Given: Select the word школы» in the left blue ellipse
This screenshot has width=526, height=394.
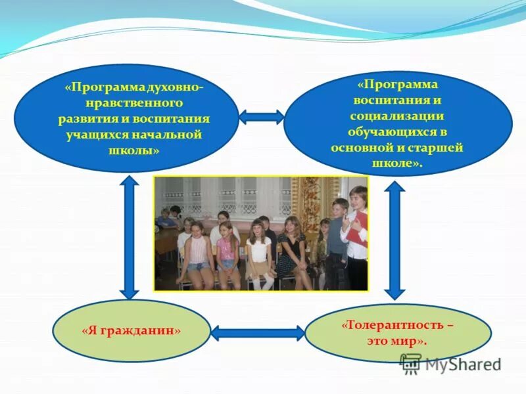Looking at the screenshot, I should [x=126, y=150].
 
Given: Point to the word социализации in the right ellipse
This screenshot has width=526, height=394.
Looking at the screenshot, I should [x=398, y=116].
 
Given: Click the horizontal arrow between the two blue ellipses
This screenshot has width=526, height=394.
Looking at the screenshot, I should [x=261, y=118].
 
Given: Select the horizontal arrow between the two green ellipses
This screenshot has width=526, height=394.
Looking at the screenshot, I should [x=258, y=333].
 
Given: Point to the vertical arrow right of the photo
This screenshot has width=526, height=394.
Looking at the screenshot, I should [x=394, y=240].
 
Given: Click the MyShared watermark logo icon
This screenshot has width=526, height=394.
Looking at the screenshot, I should [x=410, y=363].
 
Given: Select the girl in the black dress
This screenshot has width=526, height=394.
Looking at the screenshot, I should [x=289, y=253].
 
